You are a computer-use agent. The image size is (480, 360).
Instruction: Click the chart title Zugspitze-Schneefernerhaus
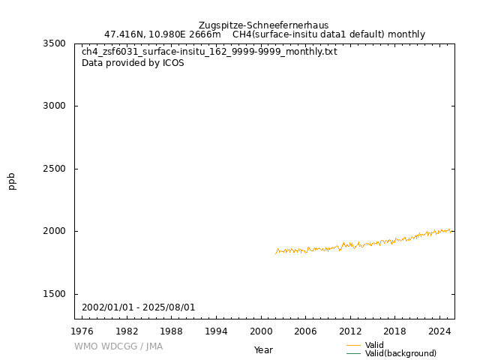[263, 25]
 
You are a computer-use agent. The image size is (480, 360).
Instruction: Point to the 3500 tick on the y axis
[54, 43]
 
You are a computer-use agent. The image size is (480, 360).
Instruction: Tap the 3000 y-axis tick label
[54, 106]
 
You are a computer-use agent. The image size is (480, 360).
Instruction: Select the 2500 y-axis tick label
[54, 169]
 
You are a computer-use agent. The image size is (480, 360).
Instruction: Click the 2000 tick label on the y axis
[54, 231]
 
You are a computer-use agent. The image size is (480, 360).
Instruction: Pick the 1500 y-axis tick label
[54, 294]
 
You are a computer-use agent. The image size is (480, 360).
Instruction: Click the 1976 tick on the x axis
[82, 331]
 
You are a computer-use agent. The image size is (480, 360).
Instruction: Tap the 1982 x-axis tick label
[127, 331]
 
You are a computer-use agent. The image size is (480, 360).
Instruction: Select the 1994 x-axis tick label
[216, 331]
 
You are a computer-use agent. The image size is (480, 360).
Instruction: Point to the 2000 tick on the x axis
[260, 331]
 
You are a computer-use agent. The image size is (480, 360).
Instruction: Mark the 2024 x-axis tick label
[439, 331]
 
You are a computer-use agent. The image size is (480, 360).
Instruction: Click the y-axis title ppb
[12, 181]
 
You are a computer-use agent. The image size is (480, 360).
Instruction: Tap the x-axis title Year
[263, 350]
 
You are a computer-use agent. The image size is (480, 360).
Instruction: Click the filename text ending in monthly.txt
[209, 52]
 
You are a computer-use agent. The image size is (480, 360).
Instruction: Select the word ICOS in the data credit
[173, 63]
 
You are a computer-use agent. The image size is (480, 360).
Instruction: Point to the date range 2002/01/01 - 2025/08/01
[139, 307]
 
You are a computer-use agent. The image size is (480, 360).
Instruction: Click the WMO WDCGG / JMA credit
[118, 346]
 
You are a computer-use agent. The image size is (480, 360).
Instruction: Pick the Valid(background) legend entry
[400, 353]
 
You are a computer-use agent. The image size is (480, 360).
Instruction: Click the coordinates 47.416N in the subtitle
[124, 34]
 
